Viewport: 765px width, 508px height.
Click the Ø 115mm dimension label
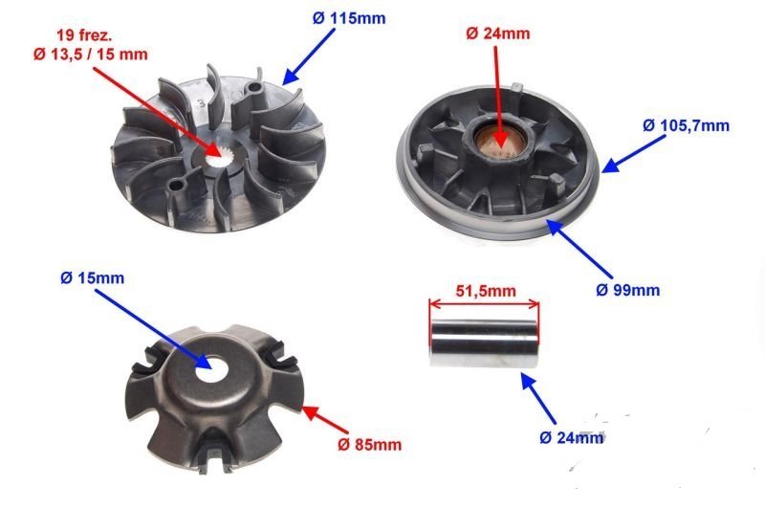click(x=349, y=18)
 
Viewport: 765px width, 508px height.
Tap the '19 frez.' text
click(x=84, y=35)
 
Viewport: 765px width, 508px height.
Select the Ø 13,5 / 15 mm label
click(x=91, y=55)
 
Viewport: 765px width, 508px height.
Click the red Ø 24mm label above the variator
click(x=497, y=33)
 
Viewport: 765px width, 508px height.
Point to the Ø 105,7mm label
click(x=686, y=126)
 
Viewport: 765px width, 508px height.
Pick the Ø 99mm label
click(x=628, y=291)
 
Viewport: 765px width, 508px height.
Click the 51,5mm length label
click(x=486, y=292)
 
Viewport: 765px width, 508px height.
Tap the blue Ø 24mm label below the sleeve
click(x=572, y=438)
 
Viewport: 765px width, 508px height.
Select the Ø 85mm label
click(x=370, y=445)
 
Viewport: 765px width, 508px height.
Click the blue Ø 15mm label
click(x=92, y=278)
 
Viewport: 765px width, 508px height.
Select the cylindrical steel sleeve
click(x=484, y=342)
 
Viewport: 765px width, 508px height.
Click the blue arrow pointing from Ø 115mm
click(x=308, y=57)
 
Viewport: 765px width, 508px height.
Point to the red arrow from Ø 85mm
click(x=325, y=420)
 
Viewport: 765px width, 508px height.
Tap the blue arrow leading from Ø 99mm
click(x=579, y=249)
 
